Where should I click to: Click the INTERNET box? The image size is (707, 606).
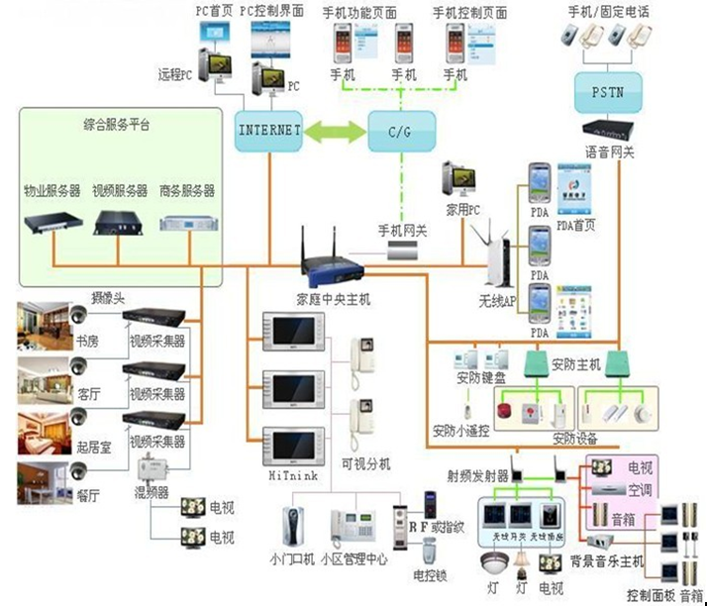click(268, 131)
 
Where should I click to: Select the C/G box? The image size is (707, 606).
click(402, 131)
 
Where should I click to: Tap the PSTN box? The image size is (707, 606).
click(606, 94)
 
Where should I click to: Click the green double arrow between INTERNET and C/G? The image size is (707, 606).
click(335, 131)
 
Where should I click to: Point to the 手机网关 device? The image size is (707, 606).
click(404, 253)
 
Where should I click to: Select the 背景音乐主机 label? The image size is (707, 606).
click(607, 561)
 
